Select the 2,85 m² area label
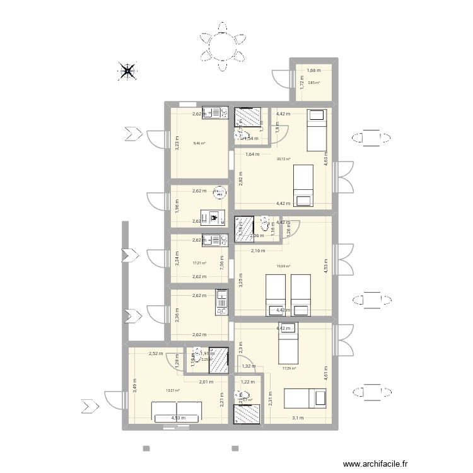tap(313, 83)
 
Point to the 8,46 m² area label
tap(199, 143)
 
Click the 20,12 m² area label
tap(284, 159)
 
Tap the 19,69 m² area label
tap(284, 266)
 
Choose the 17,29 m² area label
tap(289, 368)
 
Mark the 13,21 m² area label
tap(173, 390)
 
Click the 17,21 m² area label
tap(200, 264)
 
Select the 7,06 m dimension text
tap(221, 262)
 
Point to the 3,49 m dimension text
tap(134, 385)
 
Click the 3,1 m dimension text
tap(297, 417)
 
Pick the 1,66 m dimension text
tap(314, 71)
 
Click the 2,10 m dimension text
tap(259, 251)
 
